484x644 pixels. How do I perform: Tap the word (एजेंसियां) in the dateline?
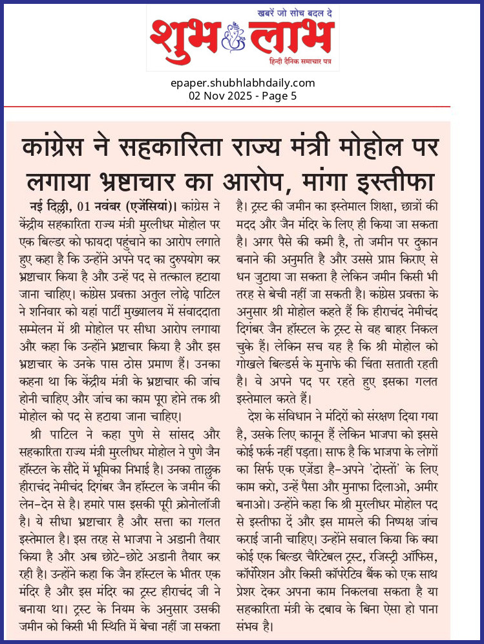coord(145,207)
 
